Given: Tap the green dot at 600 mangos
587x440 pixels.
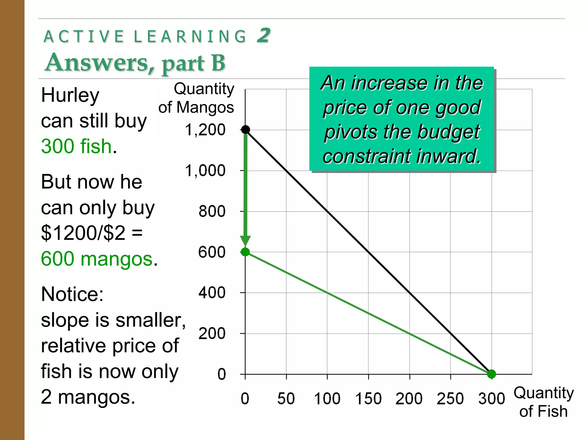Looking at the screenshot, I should (245, 252).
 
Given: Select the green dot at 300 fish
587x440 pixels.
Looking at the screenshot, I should (491, 374).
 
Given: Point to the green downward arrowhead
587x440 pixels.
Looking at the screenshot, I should (245, 241).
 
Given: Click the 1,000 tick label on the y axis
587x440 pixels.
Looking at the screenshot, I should (205, 171).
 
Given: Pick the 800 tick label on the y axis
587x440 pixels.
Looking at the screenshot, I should (212, 211).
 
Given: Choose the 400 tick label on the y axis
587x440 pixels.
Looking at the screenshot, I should (212, 293).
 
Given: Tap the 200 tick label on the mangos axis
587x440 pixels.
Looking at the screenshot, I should (212, 333).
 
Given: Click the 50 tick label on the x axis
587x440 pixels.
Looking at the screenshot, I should (286, 398).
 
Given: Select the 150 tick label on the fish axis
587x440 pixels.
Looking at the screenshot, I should (368, 398).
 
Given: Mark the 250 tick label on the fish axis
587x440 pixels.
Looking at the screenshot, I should (450, 398).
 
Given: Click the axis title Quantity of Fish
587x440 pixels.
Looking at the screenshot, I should (543, 402).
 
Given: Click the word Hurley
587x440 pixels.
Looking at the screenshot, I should (70, 95).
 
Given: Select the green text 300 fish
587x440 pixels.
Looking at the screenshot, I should (76, 146).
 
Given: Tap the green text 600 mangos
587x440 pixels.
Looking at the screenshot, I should (97, 259).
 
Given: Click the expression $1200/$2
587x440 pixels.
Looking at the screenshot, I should (83, 233).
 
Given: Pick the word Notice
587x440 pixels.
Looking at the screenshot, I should (72, 294).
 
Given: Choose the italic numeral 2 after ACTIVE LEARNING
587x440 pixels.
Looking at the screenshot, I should (263, 36).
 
